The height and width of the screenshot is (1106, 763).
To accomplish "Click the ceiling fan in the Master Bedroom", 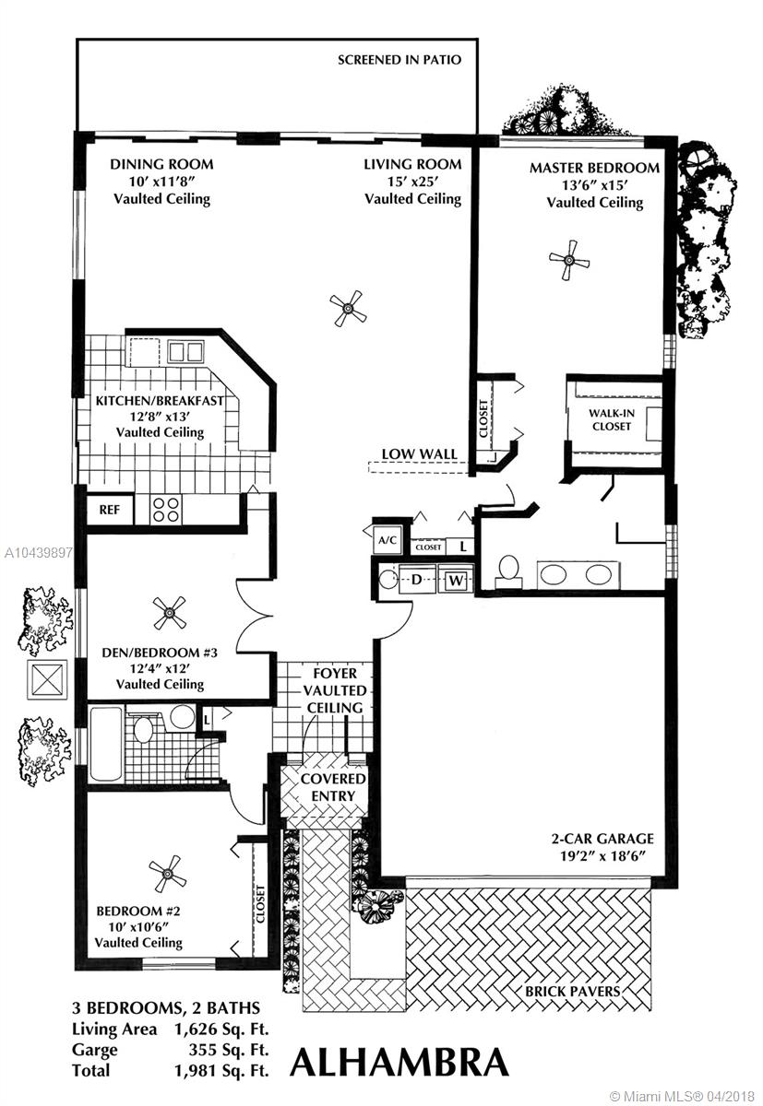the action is click(569, 260).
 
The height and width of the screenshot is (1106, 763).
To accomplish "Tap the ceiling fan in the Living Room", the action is click(349, 309).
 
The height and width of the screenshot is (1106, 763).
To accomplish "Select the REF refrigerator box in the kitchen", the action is click(109, 510).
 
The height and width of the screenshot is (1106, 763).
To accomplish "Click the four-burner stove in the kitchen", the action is click(166, 510).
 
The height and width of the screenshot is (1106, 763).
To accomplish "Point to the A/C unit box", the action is click(387, 540).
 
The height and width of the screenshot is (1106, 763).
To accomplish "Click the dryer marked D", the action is click(417, 579).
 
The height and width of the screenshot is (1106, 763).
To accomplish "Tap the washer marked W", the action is click(455, 580).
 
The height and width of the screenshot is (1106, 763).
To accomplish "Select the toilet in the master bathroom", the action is click(508, 571).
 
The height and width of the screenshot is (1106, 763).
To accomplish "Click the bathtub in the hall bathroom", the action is click(106, 745).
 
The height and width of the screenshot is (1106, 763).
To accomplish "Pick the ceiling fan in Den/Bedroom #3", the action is click(170, 613).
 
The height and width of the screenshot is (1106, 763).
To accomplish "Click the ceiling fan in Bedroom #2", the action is click(167, 875).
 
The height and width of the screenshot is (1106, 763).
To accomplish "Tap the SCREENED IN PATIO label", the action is click(399, 60).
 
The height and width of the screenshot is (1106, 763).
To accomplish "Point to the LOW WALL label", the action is click(419, 453).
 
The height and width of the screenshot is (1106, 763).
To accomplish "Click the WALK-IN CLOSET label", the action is click(612, 419).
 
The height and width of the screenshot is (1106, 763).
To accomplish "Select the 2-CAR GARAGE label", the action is click(602, 839).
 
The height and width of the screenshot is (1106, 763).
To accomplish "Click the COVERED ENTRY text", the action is click(333, 787).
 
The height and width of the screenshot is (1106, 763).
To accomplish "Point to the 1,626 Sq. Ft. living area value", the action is click(221, 1030).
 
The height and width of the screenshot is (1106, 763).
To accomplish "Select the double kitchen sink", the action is click(185, 352).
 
